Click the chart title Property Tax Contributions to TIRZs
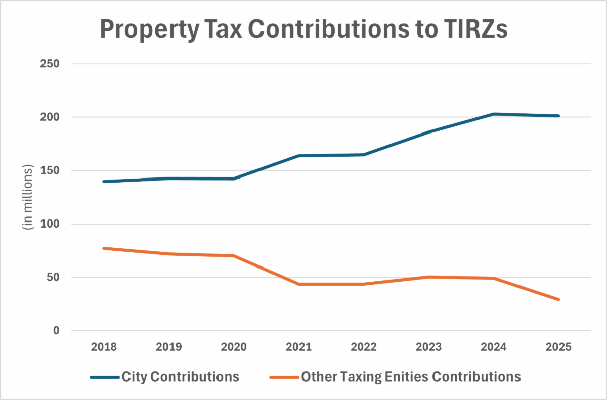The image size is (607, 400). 303,29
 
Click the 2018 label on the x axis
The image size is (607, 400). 103,347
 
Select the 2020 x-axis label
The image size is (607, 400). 234,347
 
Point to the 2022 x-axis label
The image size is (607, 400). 364,347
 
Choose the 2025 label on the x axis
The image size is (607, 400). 559,347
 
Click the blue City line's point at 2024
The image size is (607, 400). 494,114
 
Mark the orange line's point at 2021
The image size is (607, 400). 298,284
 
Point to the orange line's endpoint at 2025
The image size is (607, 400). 559,300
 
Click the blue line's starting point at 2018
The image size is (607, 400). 103,182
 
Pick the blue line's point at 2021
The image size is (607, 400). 298,156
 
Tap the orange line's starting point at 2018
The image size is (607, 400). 103,248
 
